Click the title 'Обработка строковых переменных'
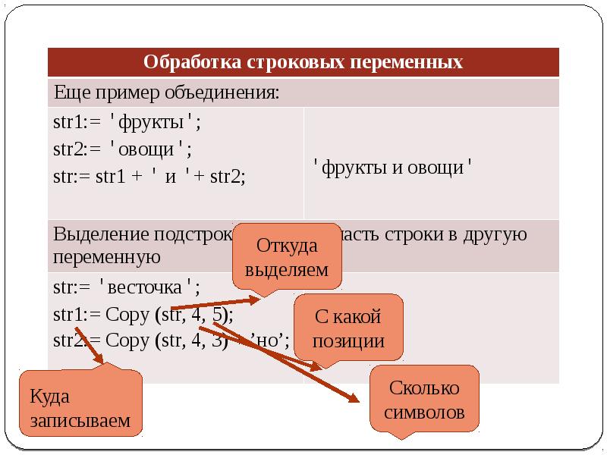click(x=303, y=61)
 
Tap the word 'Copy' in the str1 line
click(x=128, y=314)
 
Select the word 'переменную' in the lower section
click(x=107, y=257)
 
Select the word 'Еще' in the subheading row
click(x=69, y=93)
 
